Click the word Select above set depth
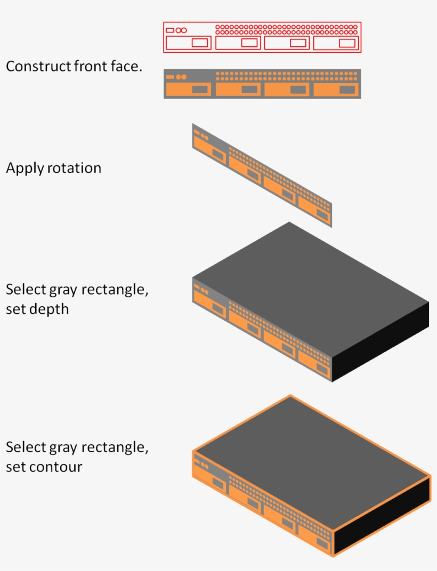26,290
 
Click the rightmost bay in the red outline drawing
336,43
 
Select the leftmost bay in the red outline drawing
188,43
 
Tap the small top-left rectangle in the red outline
170,30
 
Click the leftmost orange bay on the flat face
189,89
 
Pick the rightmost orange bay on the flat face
336,89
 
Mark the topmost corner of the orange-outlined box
290,396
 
